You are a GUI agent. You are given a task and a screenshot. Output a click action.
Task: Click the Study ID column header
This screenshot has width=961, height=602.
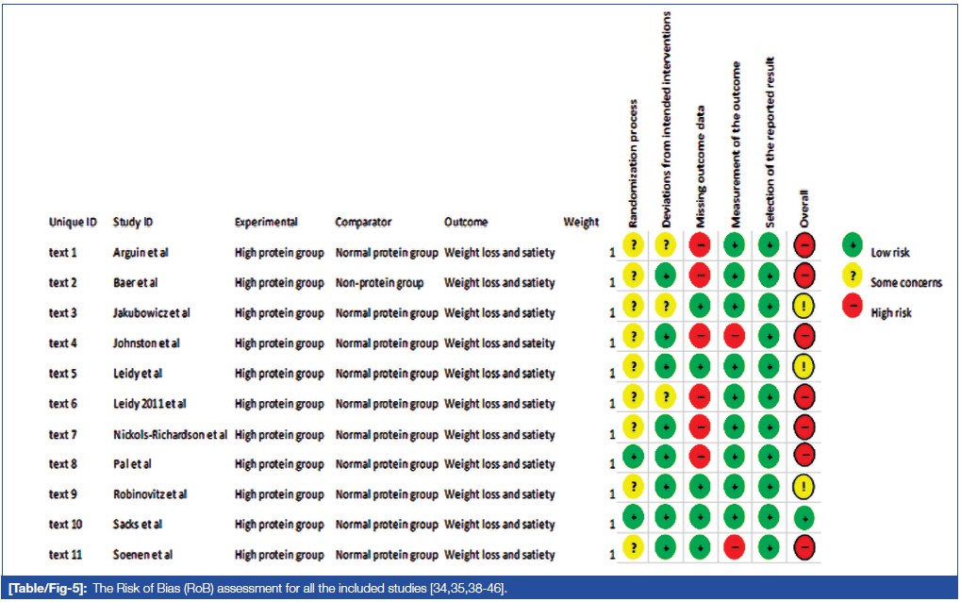pos(133,223)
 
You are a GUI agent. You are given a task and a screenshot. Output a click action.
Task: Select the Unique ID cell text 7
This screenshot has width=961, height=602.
pos(62,434)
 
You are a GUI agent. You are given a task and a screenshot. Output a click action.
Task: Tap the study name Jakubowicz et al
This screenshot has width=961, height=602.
pos(151,313)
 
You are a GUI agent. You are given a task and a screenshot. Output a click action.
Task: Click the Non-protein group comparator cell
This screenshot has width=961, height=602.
pos(379,283)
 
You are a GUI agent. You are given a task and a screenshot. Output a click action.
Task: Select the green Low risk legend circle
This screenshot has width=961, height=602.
pos(853,246)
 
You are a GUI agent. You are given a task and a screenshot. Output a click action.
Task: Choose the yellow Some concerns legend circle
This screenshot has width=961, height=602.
pos(853,276)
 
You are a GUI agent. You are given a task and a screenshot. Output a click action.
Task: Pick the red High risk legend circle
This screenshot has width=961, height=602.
pos(853,307)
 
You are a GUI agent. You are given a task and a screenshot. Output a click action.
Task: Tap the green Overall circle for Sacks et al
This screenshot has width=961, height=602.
pos(804,517)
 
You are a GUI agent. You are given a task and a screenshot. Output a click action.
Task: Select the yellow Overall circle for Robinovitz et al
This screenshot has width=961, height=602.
pos(804,487)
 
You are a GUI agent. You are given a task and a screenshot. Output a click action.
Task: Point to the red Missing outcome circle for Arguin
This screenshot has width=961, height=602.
pos(701,245)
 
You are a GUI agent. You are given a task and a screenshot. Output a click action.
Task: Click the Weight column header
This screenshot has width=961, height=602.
pos(581,223)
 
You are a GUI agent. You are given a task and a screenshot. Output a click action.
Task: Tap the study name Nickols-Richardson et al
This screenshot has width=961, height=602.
pos(170,434)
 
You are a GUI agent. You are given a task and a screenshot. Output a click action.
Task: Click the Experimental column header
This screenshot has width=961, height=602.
pos(266,223)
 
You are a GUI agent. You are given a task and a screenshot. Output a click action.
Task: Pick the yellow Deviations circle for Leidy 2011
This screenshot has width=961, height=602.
pos(668,396)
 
